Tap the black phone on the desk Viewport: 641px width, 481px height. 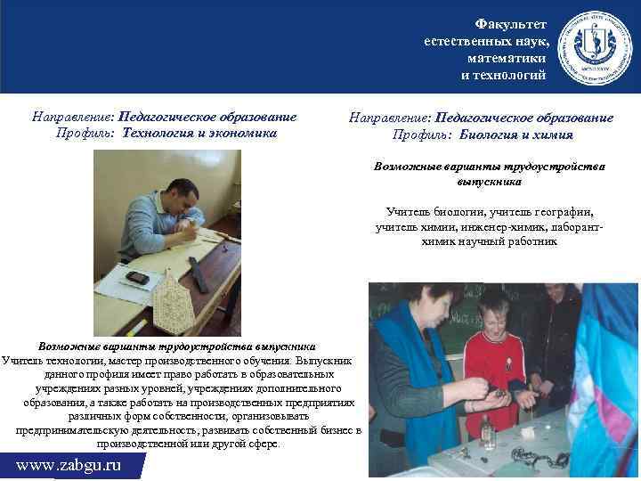pyautogui.click(x=136, y=277)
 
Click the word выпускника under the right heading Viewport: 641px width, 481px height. pyautogui.click(x=489, y=181)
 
